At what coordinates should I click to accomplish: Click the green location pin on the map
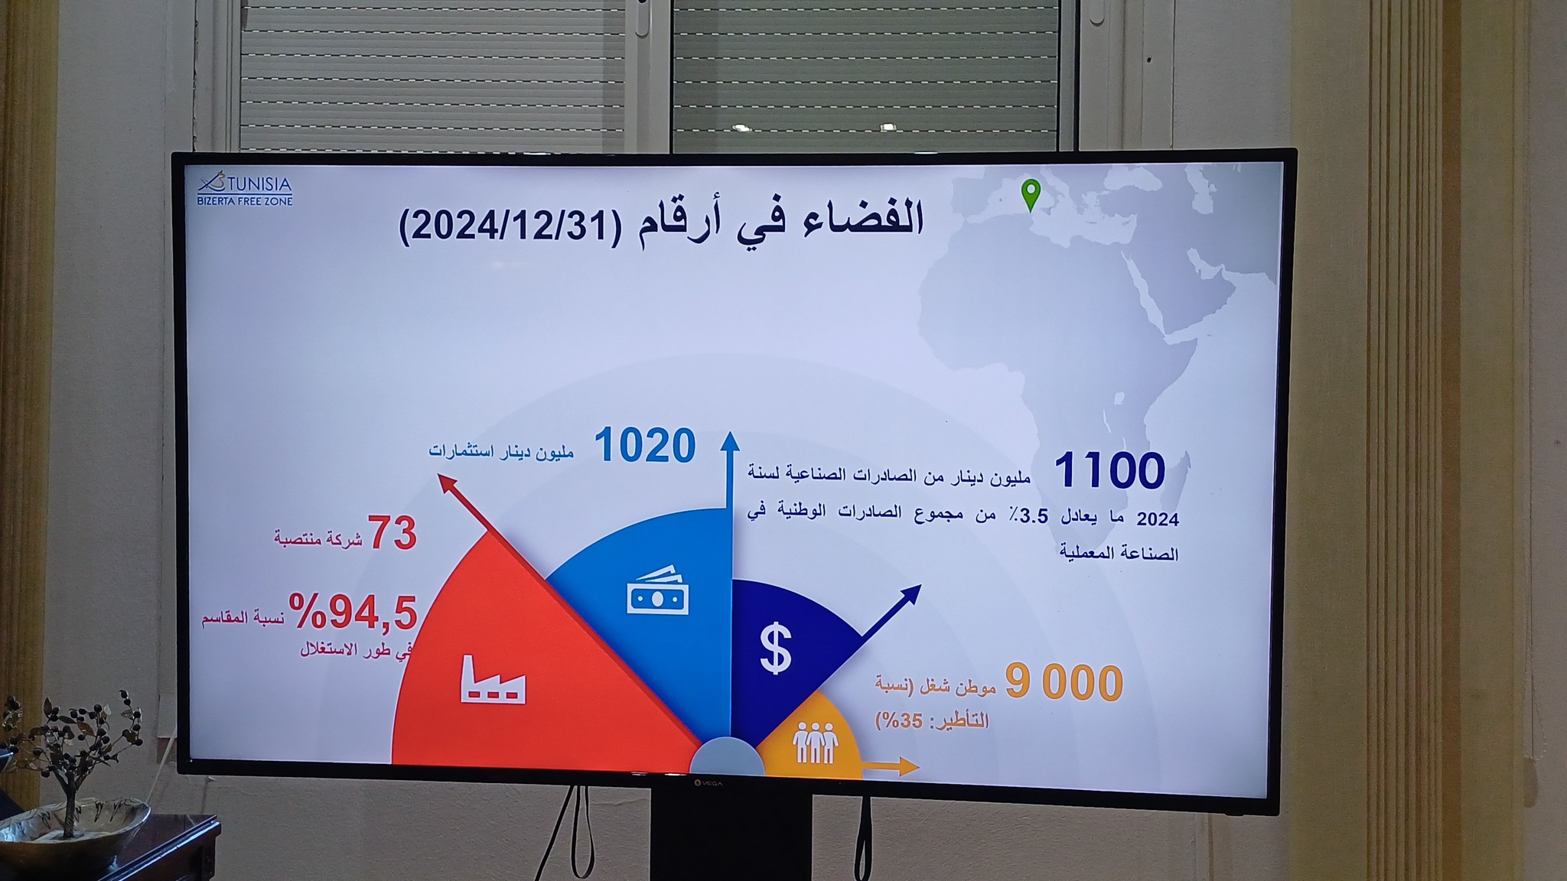(x=1031, y=194)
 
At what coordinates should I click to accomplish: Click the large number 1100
(x=1109, y=470)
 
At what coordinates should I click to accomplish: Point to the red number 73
(x=393, y=533)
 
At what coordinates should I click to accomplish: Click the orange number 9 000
(x=1064, y=682)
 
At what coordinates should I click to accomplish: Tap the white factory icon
(x=494, y=679)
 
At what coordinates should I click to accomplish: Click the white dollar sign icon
(x=776, y=648)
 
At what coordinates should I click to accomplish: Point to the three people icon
(x=816, y=742)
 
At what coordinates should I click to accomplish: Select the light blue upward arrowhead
(x=730, y=440)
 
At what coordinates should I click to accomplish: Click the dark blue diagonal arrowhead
(x=911, y=595)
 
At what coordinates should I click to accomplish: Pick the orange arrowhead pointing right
(x=907, y=766)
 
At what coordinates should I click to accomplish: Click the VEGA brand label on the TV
(x=708, y=782)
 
